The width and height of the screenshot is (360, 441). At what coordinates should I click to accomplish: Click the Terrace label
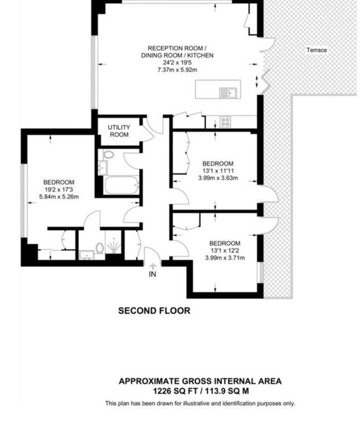316,50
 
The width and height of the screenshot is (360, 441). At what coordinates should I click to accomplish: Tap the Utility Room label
119,131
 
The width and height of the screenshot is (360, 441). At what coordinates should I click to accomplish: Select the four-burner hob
225,122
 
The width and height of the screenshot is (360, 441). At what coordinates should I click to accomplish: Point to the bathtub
121,185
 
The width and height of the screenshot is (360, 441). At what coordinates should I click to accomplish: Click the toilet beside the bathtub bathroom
108,154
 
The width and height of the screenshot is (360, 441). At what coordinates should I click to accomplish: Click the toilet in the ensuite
99,248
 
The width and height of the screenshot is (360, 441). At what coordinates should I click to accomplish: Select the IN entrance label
153,274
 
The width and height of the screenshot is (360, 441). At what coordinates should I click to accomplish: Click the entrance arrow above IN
153,266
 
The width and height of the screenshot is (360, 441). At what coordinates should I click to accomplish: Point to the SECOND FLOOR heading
154,310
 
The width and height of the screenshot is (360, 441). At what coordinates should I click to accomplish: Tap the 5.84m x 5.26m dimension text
59,197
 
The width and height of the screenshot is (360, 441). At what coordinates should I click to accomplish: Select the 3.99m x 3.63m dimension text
218,178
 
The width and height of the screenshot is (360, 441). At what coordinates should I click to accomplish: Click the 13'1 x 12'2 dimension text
225,250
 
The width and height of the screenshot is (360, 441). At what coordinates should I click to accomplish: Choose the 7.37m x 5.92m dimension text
177,69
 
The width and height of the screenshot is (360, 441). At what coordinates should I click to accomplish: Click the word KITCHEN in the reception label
201,55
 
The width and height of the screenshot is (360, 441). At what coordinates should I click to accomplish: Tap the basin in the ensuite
87,255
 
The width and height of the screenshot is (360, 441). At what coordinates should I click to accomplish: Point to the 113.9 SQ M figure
227,391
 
